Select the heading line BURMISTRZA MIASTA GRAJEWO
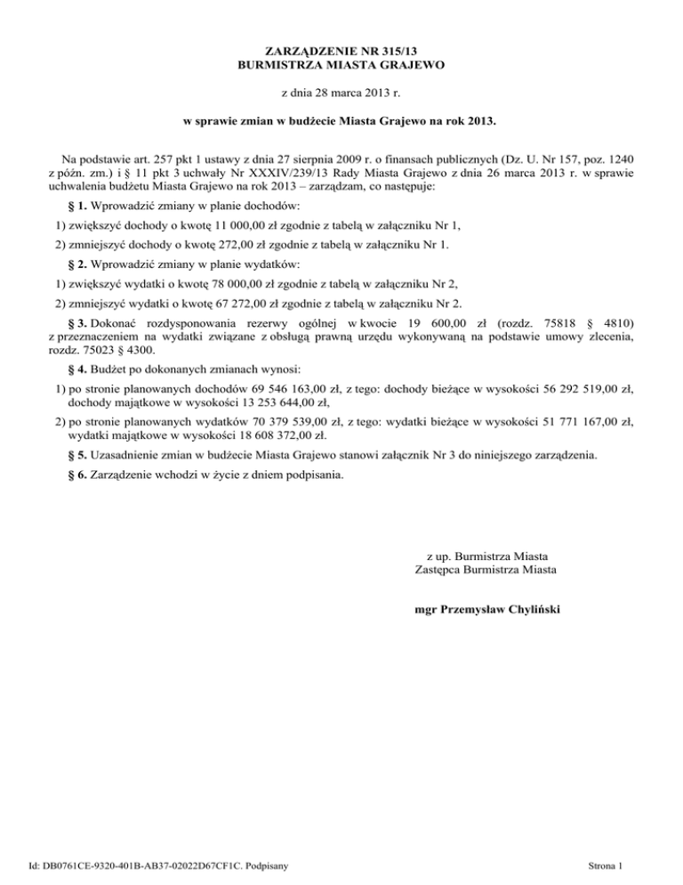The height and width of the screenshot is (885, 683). point(341,65)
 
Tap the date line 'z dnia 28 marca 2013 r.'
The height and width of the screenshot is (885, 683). point(341,92)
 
